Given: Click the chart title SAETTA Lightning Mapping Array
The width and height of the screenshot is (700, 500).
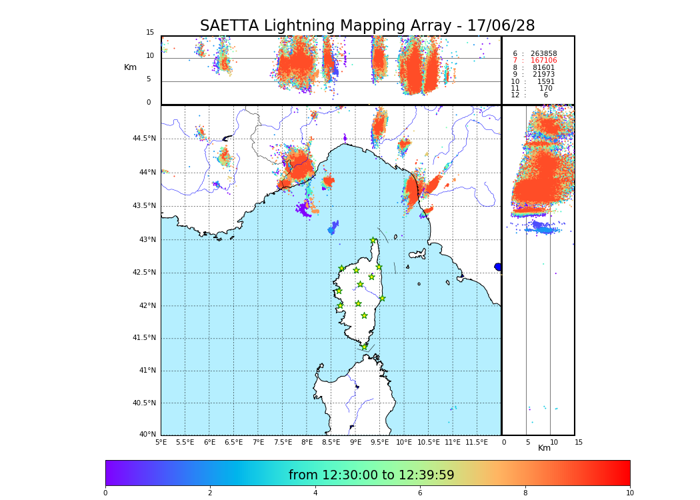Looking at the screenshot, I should point(367,26).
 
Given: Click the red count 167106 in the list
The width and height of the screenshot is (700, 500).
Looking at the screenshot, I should point(543,61).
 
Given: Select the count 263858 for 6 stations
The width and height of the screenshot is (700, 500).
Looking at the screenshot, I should point(543,54).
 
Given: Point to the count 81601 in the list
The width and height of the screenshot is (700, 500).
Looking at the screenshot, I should point(543,68).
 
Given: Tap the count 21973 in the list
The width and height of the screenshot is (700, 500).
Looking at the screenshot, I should point(543,75).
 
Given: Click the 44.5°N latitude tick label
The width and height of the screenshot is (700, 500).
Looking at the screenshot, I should point(143,139).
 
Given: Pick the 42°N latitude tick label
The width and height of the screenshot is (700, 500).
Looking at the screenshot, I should point(147,306).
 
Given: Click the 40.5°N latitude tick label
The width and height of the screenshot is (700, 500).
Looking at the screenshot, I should point(143,403).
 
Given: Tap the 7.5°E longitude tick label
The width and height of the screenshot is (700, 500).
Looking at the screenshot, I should point(283,442).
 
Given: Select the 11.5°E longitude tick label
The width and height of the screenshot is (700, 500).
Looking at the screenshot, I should point(477,442).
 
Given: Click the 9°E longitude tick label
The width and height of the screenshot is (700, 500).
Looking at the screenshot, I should point(355,442).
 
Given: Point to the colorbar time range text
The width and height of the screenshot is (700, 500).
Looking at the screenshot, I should point(371,475).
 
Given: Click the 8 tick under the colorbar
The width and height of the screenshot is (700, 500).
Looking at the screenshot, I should point(525,493).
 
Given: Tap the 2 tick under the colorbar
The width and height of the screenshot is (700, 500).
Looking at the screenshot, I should point(210,493).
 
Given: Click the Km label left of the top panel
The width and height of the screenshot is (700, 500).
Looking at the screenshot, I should point(130,67).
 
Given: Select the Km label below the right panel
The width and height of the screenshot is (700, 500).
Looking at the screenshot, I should point(544,448).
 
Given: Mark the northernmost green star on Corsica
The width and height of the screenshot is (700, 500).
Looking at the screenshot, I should point(373,241).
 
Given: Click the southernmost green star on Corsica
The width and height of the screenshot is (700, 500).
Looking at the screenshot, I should point(364,347).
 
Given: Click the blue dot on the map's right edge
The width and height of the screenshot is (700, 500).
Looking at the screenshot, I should point(498,267).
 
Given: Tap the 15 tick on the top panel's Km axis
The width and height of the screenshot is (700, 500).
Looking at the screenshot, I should point(150,33).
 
